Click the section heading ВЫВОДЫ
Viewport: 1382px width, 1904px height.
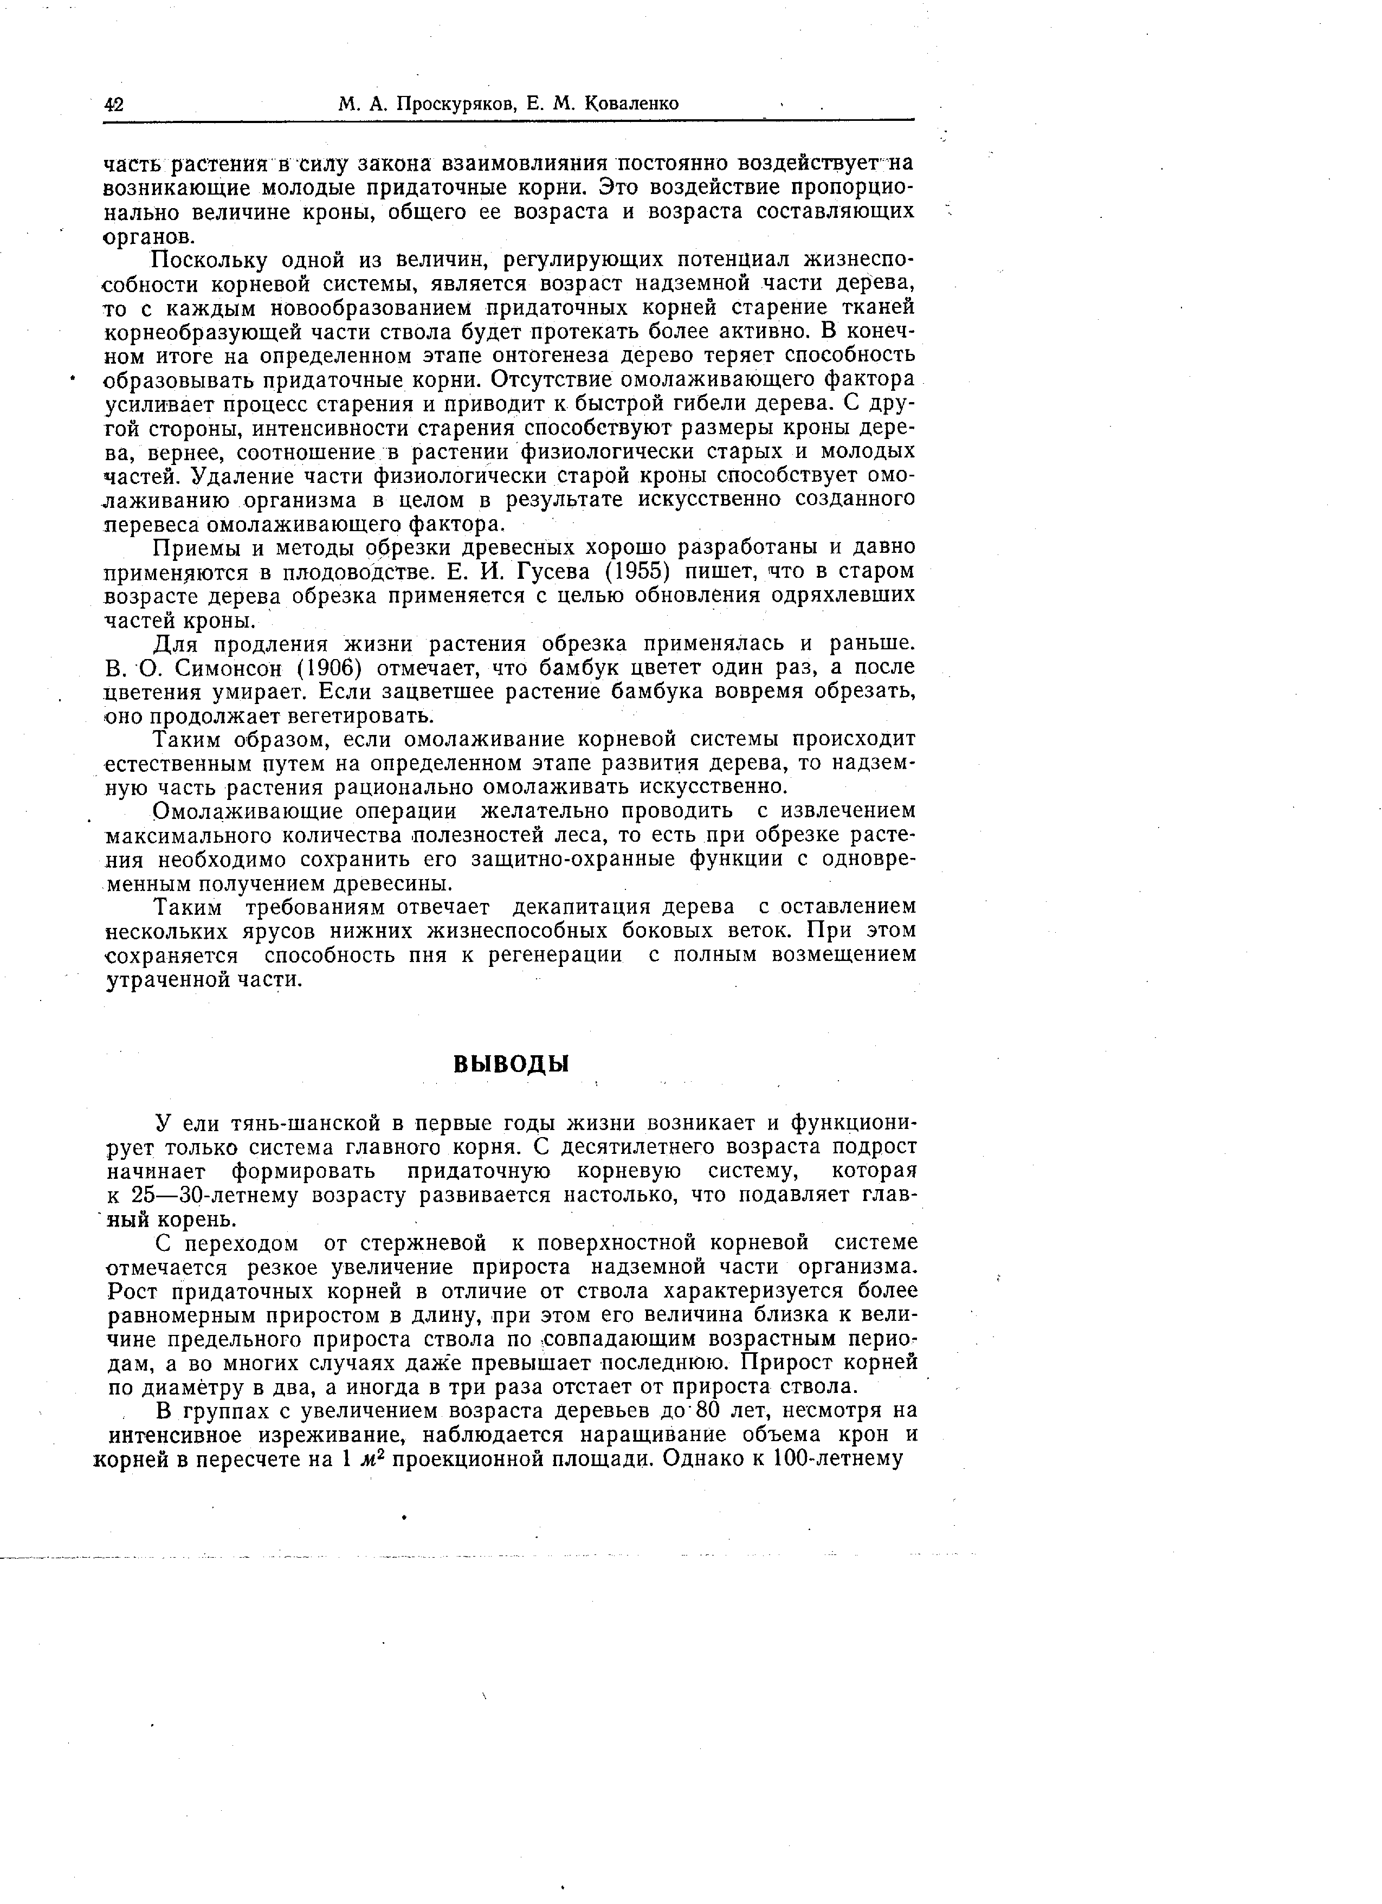[511, 1064]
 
